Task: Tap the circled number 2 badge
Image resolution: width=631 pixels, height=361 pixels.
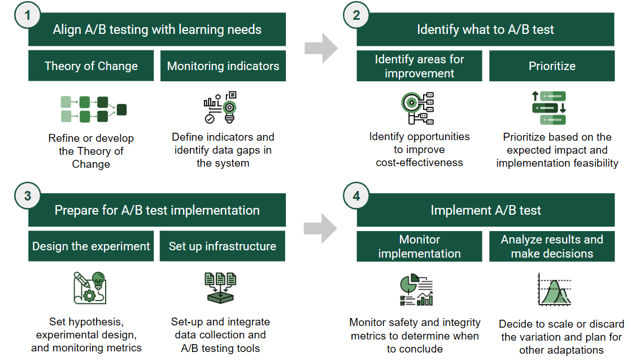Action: pos(356,16)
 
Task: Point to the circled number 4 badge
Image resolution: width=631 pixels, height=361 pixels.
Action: pos(356,196)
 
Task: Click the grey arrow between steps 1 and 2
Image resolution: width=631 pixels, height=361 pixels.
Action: pos(321,48)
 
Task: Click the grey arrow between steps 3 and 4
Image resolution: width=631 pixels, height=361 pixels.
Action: pos(321,228)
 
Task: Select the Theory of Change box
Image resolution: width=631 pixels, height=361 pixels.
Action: pos(91,66)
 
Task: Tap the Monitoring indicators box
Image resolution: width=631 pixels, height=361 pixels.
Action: pos(223,66)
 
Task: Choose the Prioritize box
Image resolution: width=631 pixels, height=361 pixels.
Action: pos(552,66)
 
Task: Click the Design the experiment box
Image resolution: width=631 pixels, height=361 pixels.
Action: pos(91,246)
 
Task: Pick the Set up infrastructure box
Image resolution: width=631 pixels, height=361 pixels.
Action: pos(223,246)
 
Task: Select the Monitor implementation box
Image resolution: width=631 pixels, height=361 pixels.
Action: pos(419,246)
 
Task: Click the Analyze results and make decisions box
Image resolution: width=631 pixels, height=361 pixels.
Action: pos(552,246)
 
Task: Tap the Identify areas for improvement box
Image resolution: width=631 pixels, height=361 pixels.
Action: pos(419,66)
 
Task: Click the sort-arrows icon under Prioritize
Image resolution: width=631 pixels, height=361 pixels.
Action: pos(549,107)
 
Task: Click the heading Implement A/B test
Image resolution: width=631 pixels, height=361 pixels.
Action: pos(486,211)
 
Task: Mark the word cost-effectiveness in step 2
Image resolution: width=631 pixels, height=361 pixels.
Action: pos(419,163)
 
